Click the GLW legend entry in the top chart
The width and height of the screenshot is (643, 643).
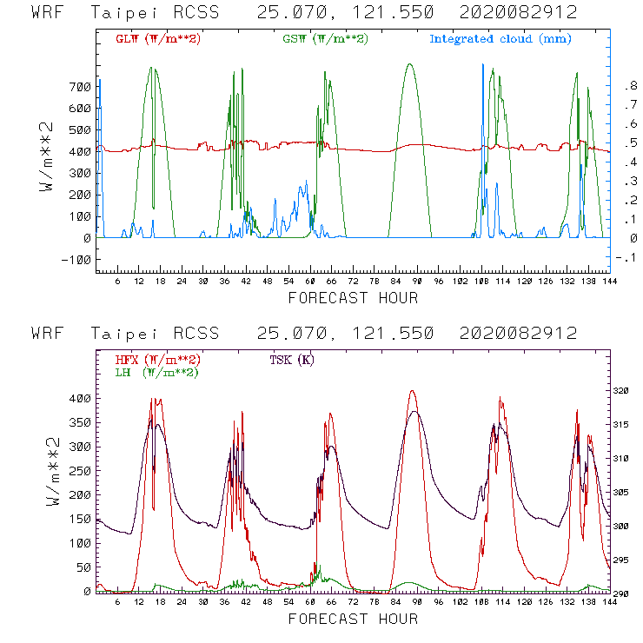[158, 39]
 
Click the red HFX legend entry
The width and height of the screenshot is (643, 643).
[157, 360]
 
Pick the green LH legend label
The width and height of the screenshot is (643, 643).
[157, 372]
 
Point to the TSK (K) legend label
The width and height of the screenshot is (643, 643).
[291, 360]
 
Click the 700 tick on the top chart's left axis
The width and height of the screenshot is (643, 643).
[81, 87]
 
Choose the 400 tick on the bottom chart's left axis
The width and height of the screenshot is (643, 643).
[81, 398]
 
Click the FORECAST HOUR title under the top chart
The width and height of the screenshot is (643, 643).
[353, 298]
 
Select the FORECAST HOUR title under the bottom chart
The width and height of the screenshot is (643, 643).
[353, 620]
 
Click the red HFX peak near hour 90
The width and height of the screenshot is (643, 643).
[412, 391]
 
